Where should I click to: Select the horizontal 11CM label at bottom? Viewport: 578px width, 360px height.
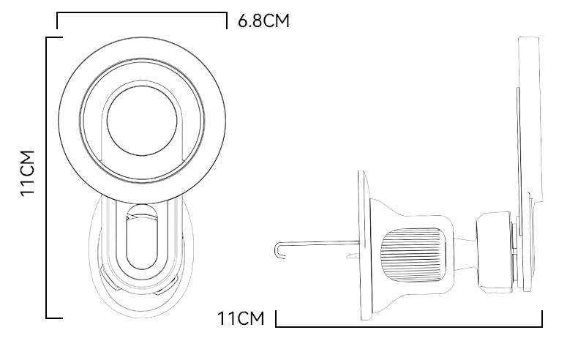coord(239,319)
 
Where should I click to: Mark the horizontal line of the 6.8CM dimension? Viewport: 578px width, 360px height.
coord(142,13)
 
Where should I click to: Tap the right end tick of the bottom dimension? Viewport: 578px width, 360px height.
coord(541,319)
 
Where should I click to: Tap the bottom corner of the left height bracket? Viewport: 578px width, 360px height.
coord(48,318)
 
